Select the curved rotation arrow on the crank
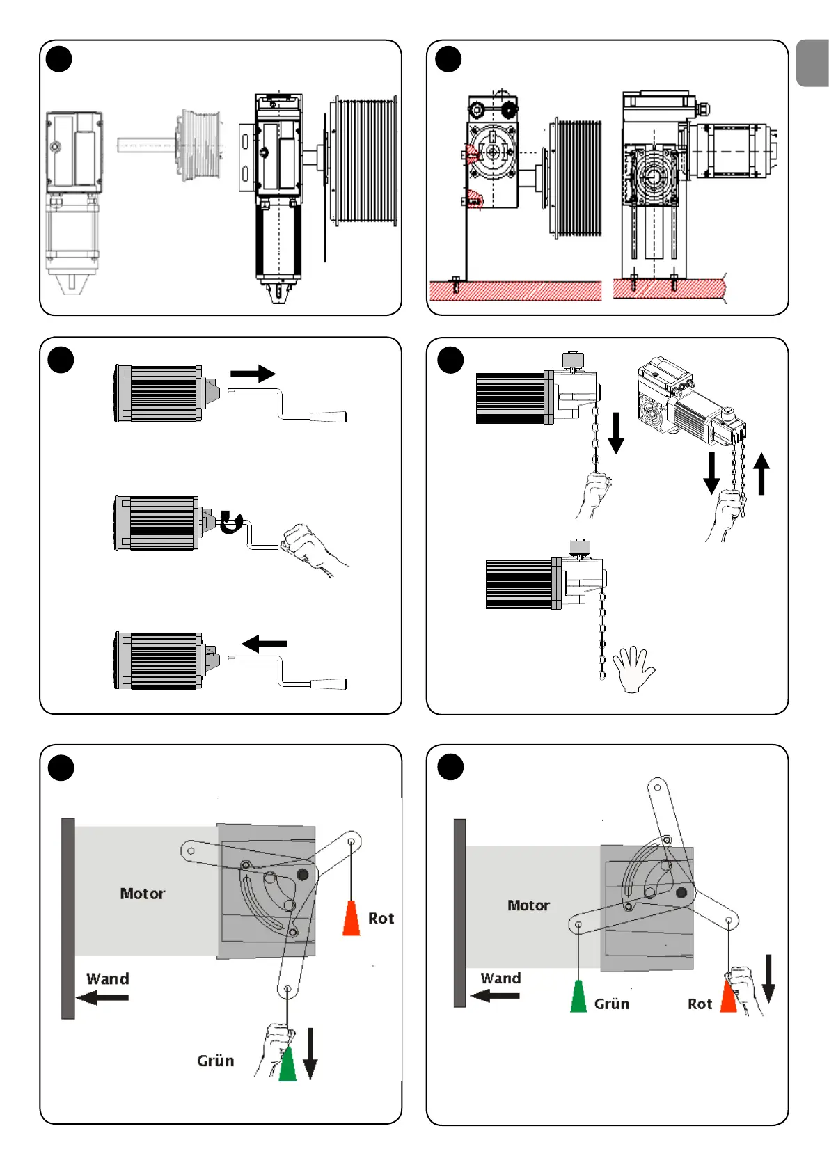pos(231,522)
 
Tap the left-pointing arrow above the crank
pos(264,644)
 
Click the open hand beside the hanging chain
pos(633,669)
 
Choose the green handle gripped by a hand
pos(287,1063)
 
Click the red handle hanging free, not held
pos(352,919)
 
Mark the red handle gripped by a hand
pos(729,996)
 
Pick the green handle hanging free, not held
pos(578,996)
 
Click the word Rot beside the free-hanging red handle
pos(381,919)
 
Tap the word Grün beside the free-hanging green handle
pos(611,1004)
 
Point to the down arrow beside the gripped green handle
pos(310,1053)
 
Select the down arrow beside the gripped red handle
pos(768,978)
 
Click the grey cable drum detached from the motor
pos(200,145)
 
